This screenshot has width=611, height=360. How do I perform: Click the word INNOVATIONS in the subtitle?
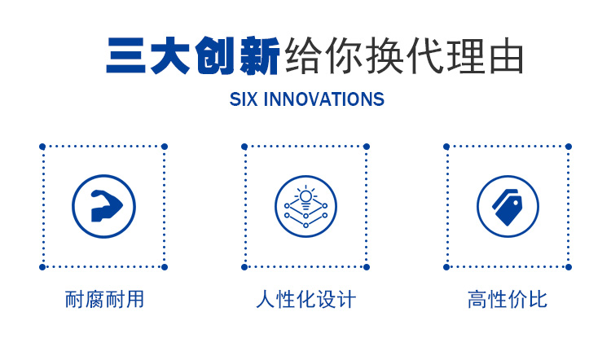click(x=324, y=99)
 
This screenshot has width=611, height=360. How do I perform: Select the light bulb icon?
click(x=305, y=207)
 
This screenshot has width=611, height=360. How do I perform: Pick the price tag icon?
click(x=508, y=207)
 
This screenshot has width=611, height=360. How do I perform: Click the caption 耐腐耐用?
click(x=104, y=299)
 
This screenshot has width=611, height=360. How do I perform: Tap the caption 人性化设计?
click(x=305, y=299)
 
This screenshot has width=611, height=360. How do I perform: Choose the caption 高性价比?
click(x=508, y=299)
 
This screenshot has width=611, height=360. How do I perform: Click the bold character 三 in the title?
click(x=125, y=55)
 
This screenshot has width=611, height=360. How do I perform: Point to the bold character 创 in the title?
click(x=215, y=55)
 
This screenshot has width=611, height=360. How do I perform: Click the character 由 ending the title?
click(x=506, y=55)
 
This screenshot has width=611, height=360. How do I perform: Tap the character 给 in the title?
click(x=304, y=55)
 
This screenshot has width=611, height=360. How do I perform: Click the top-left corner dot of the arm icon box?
click(x=42, y=147)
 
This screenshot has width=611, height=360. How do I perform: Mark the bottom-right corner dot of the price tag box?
click(x=569, y=267)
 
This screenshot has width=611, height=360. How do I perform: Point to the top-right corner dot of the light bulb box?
click(x=367, y=147)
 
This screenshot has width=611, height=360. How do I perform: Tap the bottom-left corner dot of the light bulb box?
click(x=244, y=267)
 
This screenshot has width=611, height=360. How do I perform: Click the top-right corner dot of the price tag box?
click(x=569, y=147)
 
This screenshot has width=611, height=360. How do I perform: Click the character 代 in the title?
click(x=424, y=55)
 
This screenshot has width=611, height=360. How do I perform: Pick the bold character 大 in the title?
click(x=170, y=55)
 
